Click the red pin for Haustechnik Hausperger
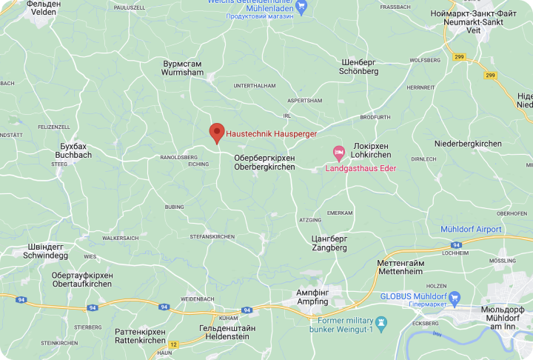(x=216, y=132)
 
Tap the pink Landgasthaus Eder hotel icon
(x=339, y=153)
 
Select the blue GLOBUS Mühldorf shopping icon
(x=455, y=297)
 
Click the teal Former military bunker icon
(x=381, y=324)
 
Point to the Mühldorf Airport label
(x=471, y=230)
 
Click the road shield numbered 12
(x=173, y=344)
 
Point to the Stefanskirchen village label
(x=212, y=236)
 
